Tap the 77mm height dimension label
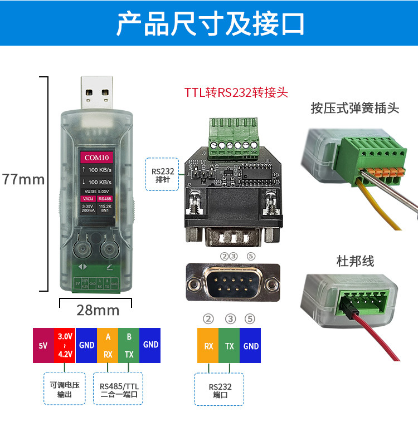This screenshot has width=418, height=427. (x=23, y=179)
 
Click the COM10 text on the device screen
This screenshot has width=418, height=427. (x=96, y=156)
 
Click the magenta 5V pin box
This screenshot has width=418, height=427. (x=43, y=345)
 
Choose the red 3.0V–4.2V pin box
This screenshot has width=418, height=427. (x=65, y=345)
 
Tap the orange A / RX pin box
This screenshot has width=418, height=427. (x=108, y=345)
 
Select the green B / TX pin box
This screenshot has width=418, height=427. (x=129, y=345)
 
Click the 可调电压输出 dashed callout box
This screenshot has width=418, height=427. (x=65, y=388)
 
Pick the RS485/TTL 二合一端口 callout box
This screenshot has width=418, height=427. (x=119, y=388)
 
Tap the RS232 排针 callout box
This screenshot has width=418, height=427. (x=163, y=175)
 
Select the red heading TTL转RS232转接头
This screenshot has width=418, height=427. (x=236, y=92)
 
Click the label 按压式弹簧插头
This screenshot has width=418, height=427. (x=355, y=107)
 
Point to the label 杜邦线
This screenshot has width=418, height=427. (x=355, y=261)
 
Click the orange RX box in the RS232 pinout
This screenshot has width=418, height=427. (x=208, y=346)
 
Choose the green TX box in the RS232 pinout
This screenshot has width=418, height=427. (x=230, y=346)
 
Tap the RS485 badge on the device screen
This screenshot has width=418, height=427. (x=104, y=198)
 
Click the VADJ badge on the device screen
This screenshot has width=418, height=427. (x=88, y=198)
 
